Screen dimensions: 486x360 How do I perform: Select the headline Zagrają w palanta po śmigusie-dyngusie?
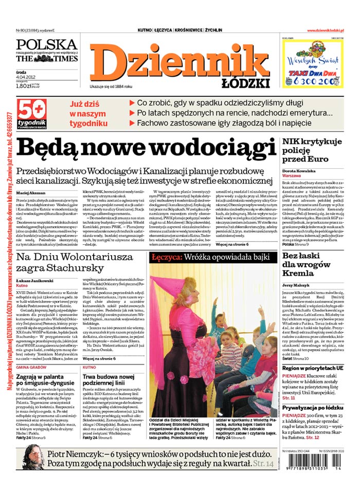click(46, 381)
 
